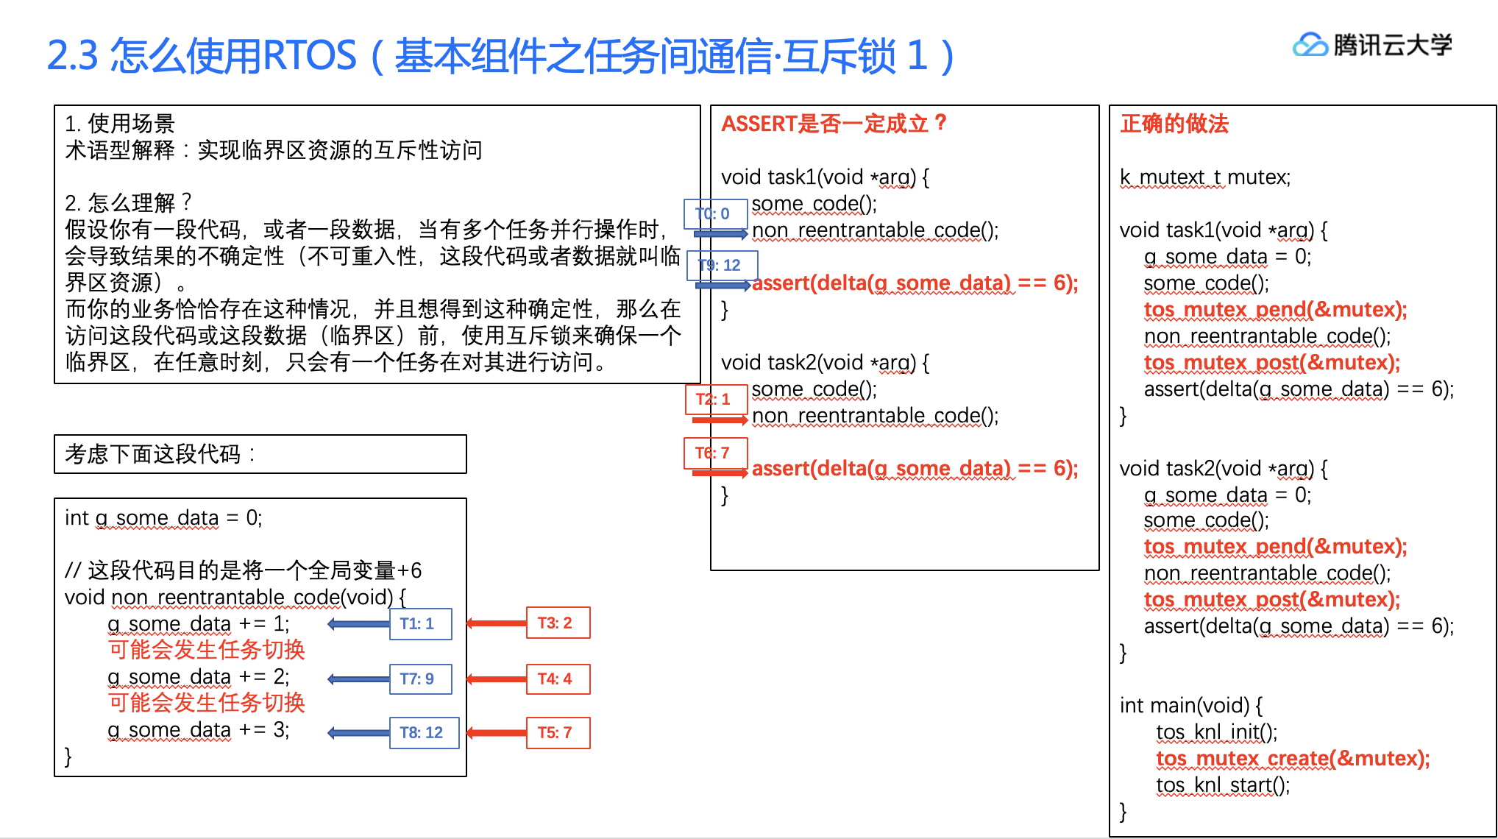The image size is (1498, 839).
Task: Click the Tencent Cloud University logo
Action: click(x=1371, y=46)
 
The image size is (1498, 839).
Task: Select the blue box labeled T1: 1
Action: click(x=420, y=624)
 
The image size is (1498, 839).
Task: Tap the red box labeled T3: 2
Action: click(x=558, y=623)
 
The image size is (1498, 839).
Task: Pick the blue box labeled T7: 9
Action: click(x=420, y=679)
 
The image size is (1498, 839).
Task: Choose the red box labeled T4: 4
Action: click(x=558, y=679)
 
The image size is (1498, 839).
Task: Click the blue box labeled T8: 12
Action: click(x=424, y=733)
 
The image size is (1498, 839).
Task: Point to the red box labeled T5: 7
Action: click(x=558, y=733)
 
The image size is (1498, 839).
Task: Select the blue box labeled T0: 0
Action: click(x=715, y=214)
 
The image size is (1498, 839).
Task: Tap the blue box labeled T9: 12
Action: click(x=721, y=266)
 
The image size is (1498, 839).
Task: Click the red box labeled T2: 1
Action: click(x=716, y=400)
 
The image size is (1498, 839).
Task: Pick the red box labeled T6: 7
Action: click(x=716, y=453)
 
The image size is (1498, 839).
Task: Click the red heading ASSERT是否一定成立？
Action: click(x=834, y=124)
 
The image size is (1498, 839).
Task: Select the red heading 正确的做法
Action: click(x=1174, y=124)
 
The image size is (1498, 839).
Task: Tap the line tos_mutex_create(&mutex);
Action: click(x=1293, y=759)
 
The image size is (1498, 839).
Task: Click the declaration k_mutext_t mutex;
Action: click(x=1204, y=177)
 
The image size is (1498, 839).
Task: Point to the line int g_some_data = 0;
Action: click(x=163, y=518)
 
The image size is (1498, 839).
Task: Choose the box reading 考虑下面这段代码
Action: click(x=260, y=454)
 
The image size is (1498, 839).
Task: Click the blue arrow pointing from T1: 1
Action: click(x=358, y=624)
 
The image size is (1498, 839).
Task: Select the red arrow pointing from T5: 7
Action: click(x=497, y=733)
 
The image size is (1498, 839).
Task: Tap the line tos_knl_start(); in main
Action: click(x=1222, y=785)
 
